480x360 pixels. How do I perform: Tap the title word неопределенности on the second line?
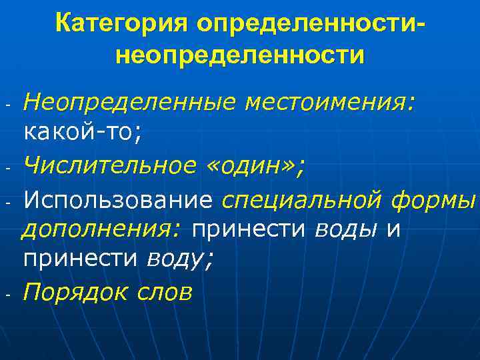pyautogui.click(x=240, y=54)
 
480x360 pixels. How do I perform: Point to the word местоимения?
pyautogui.click(x=329, y=102)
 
